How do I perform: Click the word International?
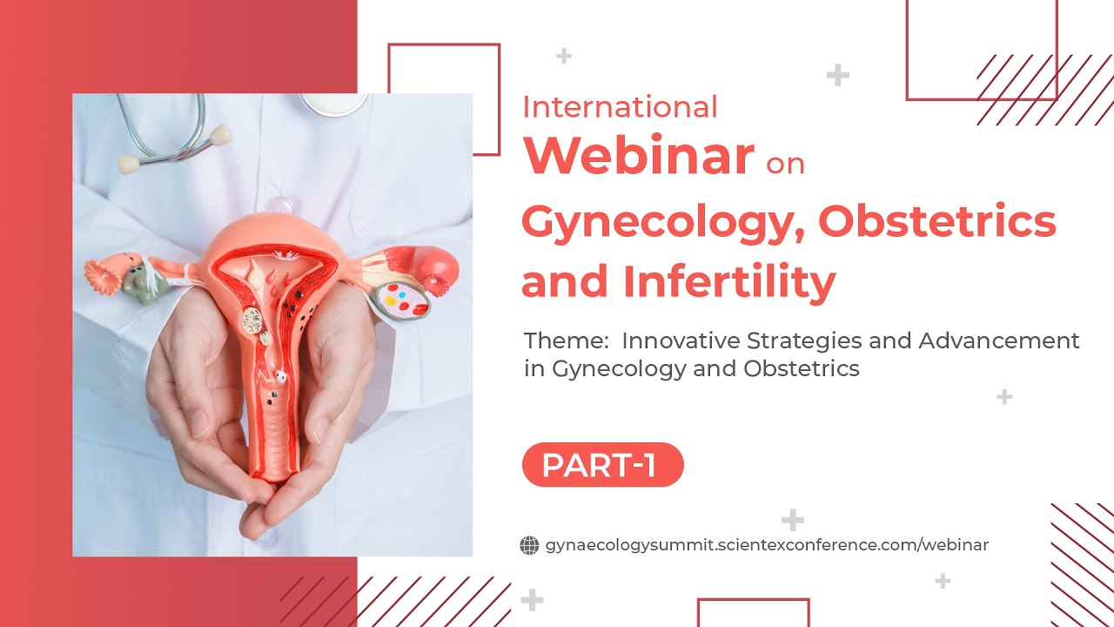pyautogui.click(x=620, y=107)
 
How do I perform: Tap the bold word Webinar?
pyautogui.click(x=638, y=155)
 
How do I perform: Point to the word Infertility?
pyautogui.click(x=728, y=282)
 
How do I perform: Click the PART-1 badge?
pyautogui.click(x=602, y=465)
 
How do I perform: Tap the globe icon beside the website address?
pyautogui.click(x=529, y=545)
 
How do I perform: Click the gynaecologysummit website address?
pyautogui.click(x=766, y=545)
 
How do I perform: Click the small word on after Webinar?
pyautogui.click(x=785, y=163)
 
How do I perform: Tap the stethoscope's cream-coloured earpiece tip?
pyautogui.click(x=221, y=134)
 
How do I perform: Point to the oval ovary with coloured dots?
pyautogui.click(x=406, y=301)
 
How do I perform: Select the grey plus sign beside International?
pyautogui.click(x=564, y=57)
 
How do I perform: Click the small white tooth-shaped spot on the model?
pyautogui.click(x=279, y=377)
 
